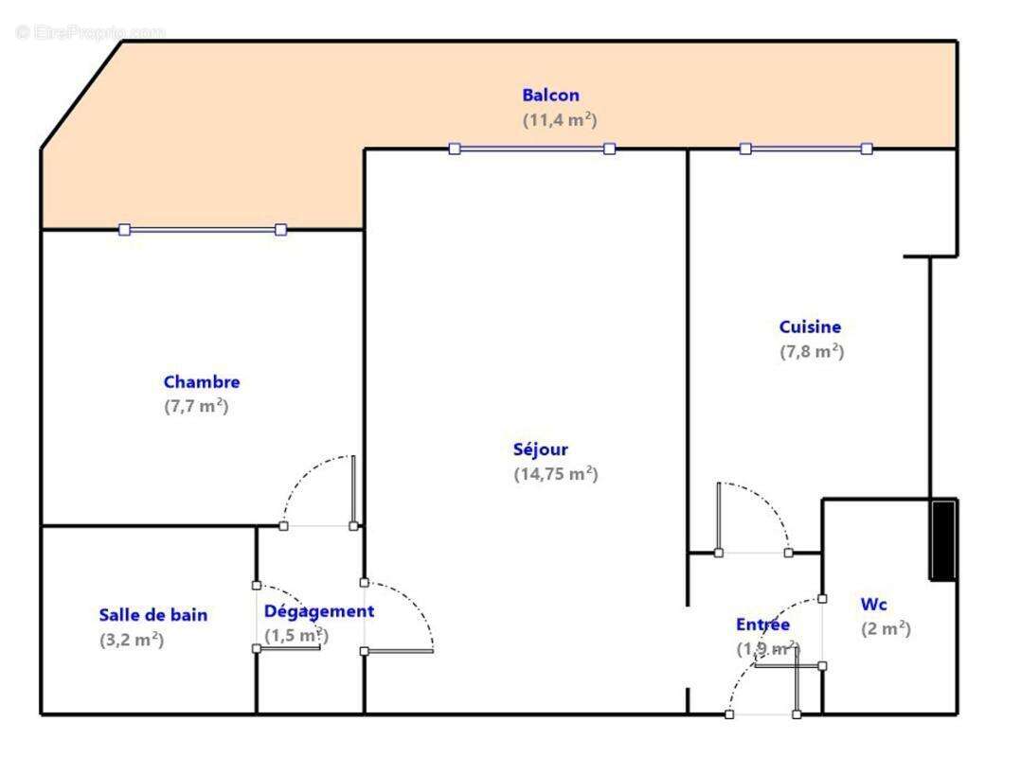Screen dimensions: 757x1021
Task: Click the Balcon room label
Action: pyautogui.click(x=550, y=96)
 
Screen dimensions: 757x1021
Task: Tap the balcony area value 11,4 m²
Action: pyautogui.click(x=559, y=120)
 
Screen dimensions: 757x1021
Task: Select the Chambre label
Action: pyautogui.click(x=202, y=382)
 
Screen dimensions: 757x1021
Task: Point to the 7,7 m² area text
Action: pyautogui.click(x=196, y=407)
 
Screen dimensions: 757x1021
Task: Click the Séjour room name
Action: pyautogui.click(x=541, y=449)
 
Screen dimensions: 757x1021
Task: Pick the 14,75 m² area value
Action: pyautogui.click(x=555, y=474)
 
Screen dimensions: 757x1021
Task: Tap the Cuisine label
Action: pyautogui.click(x=810, y=327)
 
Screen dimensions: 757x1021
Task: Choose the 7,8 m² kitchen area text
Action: pyautogui.click(x=811, y=352)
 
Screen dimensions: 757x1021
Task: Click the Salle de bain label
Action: pyautogui.click(x=153, y=615)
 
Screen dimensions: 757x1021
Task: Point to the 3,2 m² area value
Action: pyautogui.click(x=132, y=640)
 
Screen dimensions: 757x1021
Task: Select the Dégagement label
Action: pyautogui.click(x=318, y=611)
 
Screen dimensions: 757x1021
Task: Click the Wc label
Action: pyautogui.click(x=873, y=605)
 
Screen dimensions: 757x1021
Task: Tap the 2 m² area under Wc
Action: pyautogui.click(x=886, y=629)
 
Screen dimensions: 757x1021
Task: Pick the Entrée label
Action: pyautogui.click(x=762, y=625)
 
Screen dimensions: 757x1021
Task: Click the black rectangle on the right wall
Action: pyautogui.click(x=943, y=539)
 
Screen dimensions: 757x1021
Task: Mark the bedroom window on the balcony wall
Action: pyautogui.click(x=202, y=229)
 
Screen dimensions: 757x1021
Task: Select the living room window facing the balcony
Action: pyautogui.click(x=531, y=149)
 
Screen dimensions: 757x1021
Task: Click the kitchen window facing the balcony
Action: pyautogui.click(x=805, y=149)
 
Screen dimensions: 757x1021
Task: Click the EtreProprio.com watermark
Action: pyautogui.click(x=90, y=32)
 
